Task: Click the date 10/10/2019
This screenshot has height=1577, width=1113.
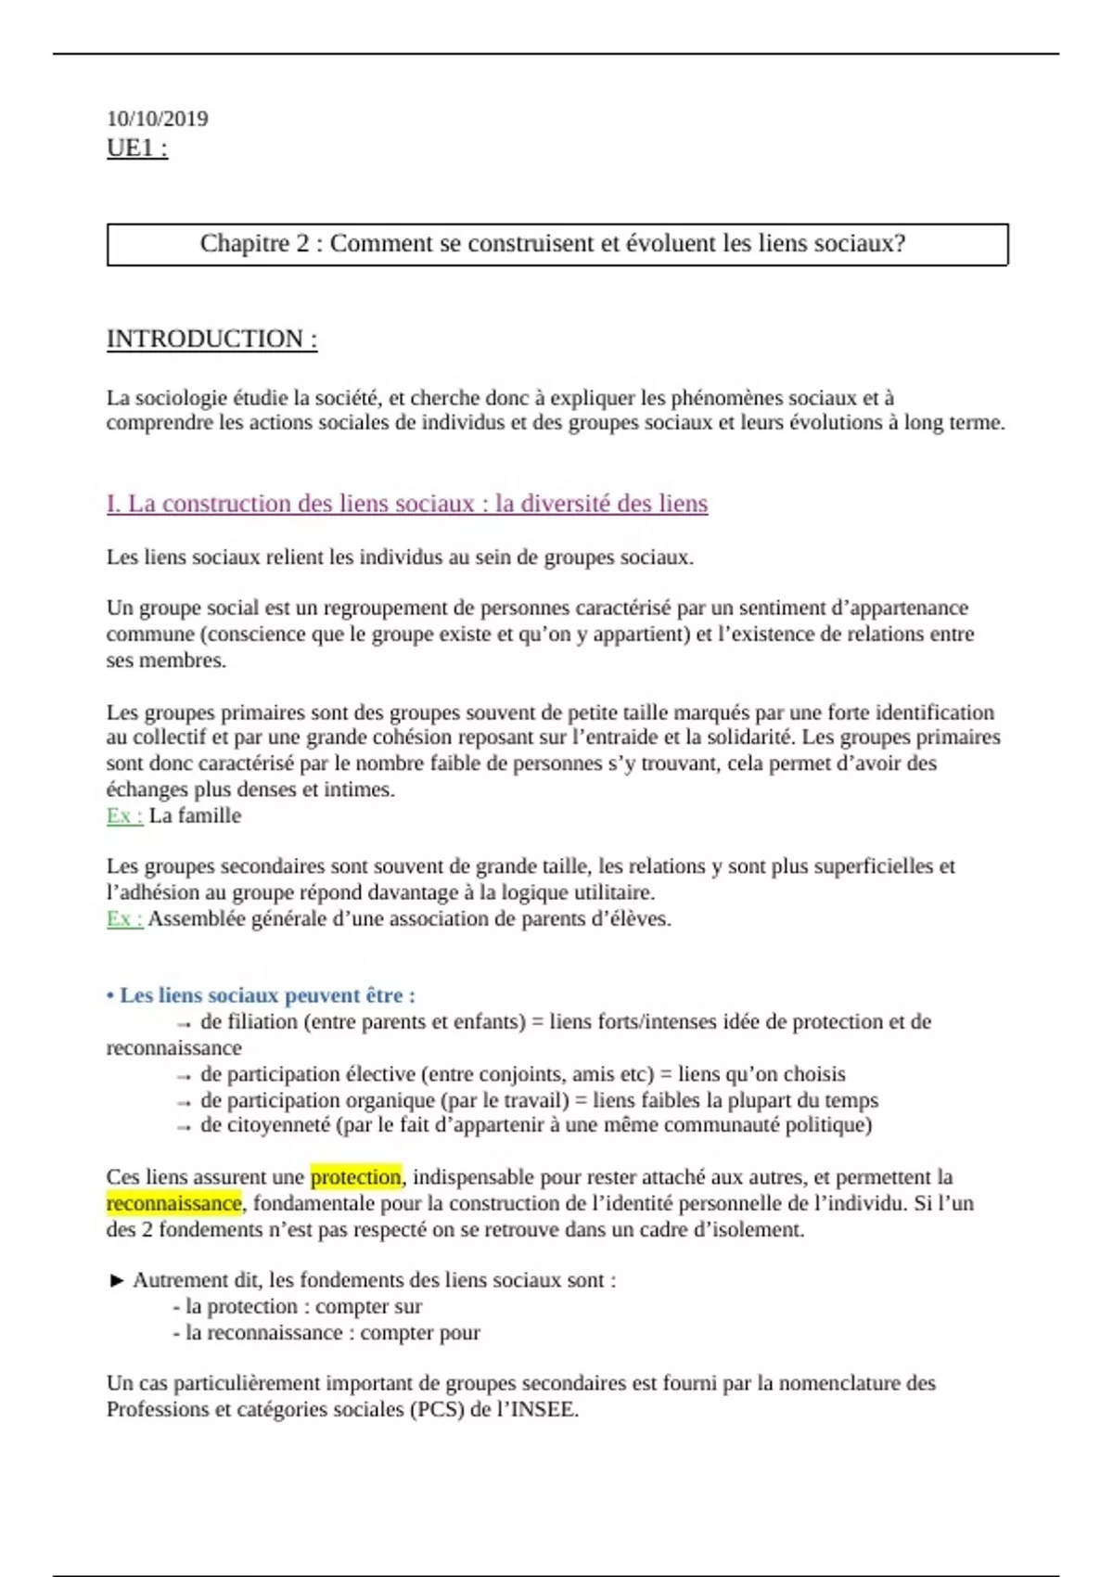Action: (x=157, y=119)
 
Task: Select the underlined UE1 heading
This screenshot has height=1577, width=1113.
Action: (x=136, y=148)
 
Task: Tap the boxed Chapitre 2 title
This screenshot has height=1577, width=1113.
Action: (x=552, y=244)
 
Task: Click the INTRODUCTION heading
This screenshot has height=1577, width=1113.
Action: (x=211, y=340)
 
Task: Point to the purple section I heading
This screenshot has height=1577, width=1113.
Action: (x=406, y=504)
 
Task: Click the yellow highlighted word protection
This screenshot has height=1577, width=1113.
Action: (x=356, y=1177)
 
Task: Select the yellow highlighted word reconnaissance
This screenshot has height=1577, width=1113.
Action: (x=173, y=1203)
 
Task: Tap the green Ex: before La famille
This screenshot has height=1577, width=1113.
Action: (x=124, y=816)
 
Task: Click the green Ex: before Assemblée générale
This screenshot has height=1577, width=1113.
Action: (x=124, y=919)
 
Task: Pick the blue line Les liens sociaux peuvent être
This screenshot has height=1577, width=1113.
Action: (x=262, y=995)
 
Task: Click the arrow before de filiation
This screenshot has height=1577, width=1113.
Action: (x=184, y=1023)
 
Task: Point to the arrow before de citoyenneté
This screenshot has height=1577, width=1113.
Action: (x=184, y=1126)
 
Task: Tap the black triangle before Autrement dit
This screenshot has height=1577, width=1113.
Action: (x=117, y=1281)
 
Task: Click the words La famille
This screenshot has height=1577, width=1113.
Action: (x=195, y=816)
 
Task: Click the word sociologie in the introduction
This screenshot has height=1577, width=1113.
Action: (x=180, y=399)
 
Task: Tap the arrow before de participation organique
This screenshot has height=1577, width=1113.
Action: (x=184, y=1102)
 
